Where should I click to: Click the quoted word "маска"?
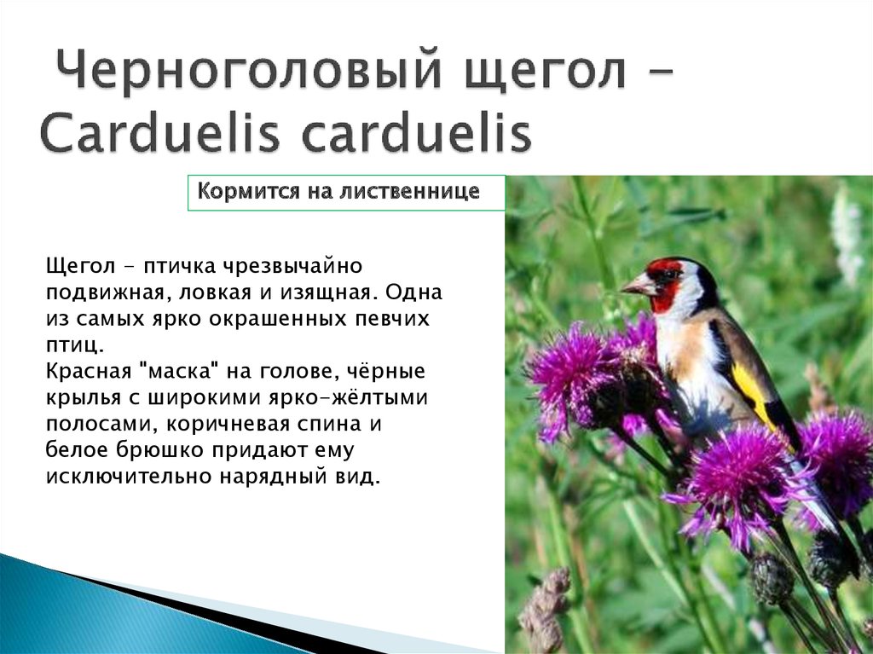point(183,373)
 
